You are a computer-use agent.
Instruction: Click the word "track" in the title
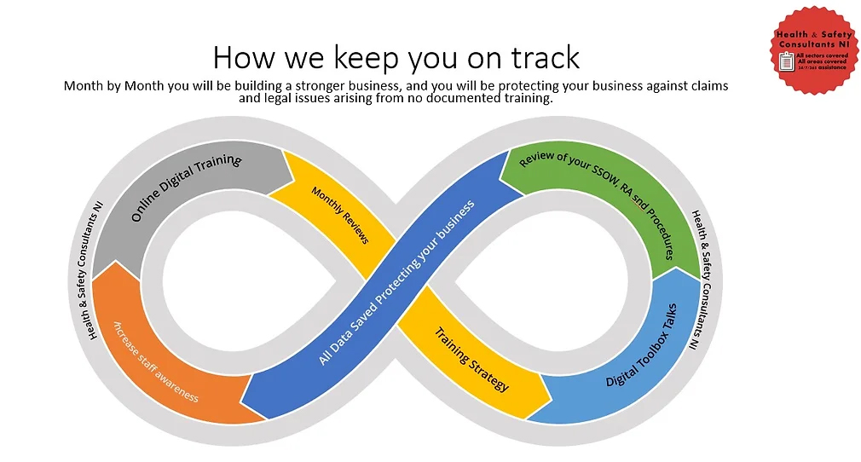pos(540,58)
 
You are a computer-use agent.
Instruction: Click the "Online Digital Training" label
pos(186,188)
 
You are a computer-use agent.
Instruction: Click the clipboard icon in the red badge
pos(787,59)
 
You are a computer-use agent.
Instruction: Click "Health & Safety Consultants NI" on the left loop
pos(95,275)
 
